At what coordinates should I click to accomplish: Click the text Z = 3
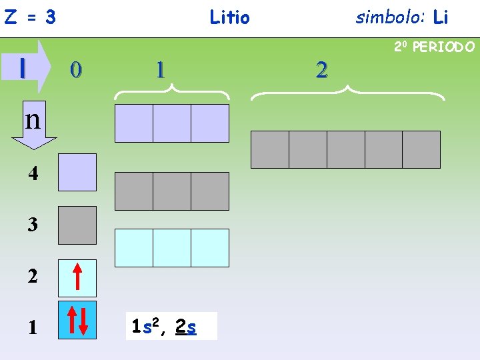pos(30,17)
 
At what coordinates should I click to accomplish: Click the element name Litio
pos(229,17)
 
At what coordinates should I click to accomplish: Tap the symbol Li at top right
pos(440,17)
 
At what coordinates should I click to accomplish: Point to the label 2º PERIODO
pos(434,47)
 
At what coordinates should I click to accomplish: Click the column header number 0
pos(77,69)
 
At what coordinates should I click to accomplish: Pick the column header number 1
pos(159,69)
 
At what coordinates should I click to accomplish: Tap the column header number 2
pos(322,69)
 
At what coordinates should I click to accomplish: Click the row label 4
pos(33,175)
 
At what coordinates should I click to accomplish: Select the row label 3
pos(33,225)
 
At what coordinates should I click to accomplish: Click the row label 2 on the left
pos(33,277)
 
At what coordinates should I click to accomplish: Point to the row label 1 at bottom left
pos(33,327)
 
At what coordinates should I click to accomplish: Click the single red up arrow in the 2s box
pos(77,278)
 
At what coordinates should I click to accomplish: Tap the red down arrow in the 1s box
pos(83,321)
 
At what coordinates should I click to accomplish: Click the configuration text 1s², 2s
pos(165,327)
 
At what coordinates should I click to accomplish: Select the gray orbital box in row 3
pos(77,225)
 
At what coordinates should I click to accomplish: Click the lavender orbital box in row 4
pos(77,173)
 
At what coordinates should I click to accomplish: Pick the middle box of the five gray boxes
pos(346,149)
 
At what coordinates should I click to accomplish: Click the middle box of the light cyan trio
pos(172,248)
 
